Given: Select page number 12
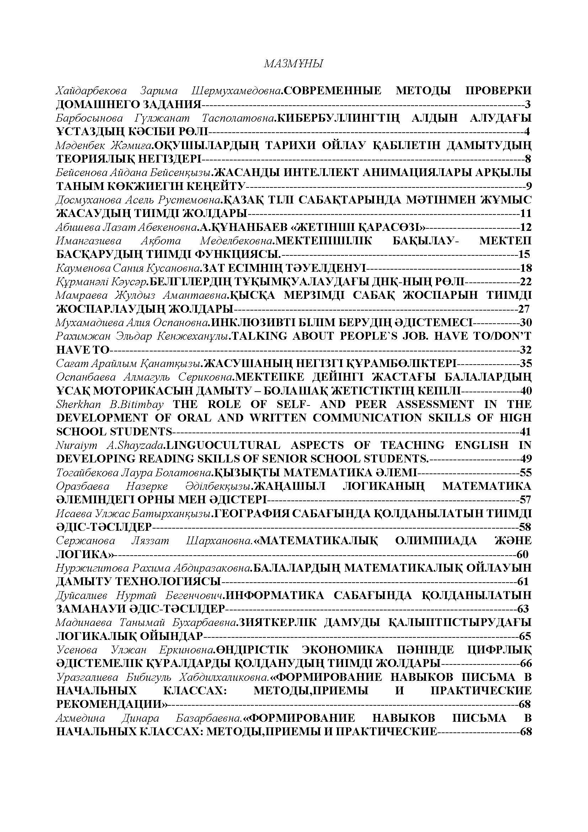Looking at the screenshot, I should (x=525, y=227).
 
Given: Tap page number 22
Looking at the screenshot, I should (x=525, y=282).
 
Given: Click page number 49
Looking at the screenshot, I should (x=525, y=459).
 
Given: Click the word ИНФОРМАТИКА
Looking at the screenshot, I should (x=275, y=595).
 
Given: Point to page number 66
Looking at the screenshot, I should (x=525, y=663).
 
